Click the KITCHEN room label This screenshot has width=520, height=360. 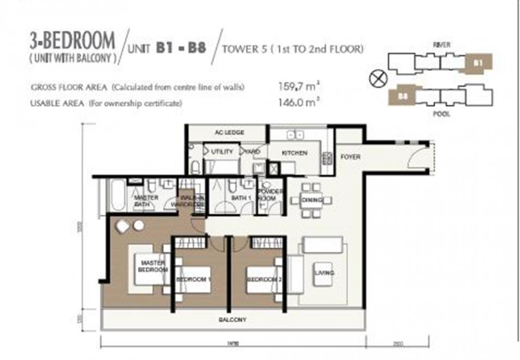[294, 153]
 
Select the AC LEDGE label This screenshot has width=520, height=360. [226, 133]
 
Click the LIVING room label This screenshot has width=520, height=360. [323, 273]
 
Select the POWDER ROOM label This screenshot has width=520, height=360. [270, 195]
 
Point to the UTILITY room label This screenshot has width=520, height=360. [222, 151]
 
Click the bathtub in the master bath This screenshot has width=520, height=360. [115, 195]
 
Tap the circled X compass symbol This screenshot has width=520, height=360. [376, 79]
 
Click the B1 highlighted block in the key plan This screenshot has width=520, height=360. [477, 63]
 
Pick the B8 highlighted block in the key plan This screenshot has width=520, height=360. [402, 96]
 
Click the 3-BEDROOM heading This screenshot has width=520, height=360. [73, 41]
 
